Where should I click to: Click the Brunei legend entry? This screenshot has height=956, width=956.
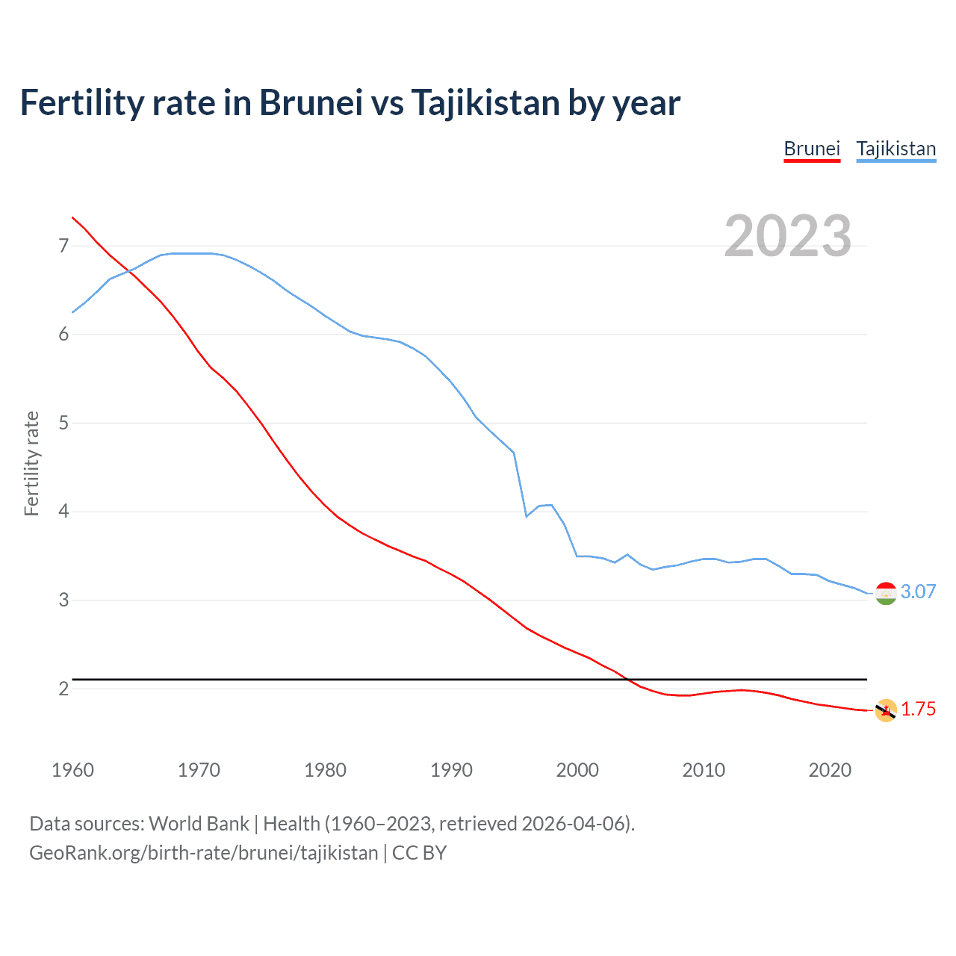click(812, 149)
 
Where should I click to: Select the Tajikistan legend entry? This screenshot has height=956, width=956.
click(896, 149)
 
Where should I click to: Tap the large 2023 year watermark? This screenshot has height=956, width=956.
click(787, 236)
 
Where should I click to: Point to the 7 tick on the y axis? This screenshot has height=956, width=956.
click(63, 246)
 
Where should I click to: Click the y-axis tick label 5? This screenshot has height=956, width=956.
click(63, 423)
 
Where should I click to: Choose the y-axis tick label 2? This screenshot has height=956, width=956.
click(63, 689)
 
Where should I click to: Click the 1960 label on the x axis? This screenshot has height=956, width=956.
click(72, 770)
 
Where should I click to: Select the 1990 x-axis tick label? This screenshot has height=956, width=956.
click(451, 770)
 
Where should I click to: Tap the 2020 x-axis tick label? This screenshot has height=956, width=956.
click(830, 770)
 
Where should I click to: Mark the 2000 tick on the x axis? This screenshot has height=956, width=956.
click(577, 770)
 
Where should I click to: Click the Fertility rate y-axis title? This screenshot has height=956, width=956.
click(31, 463)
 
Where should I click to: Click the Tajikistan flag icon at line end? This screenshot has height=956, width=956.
click(886, 593)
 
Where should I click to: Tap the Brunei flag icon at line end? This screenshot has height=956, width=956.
click(886, 710)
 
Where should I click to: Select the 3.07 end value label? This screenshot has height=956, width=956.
click(918, 592)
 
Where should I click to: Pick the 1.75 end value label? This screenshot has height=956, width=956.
click(918, 709)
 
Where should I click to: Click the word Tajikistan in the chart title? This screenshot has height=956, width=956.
click(485, 102)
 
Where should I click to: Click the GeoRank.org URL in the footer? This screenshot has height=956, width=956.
click(203, 853)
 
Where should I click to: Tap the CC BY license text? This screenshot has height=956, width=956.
click(419, 853)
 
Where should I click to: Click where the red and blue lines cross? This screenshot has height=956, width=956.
click(128, 270)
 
